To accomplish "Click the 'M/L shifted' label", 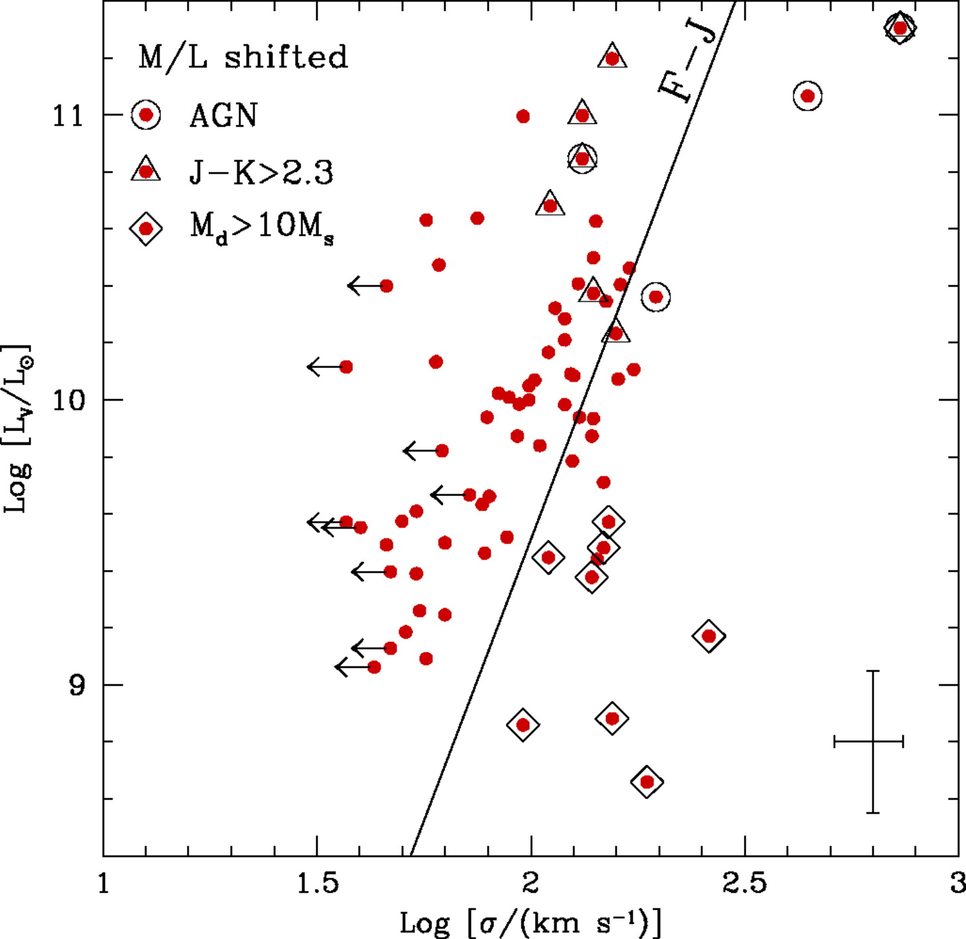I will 243,58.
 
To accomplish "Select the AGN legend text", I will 223,116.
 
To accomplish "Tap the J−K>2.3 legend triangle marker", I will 146,171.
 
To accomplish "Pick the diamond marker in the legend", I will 146,229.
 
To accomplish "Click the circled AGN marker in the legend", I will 146,115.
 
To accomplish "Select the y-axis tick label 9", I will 77,686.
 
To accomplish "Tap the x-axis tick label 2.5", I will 744,884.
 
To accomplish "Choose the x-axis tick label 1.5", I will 317,884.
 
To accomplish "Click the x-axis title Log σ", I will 530,922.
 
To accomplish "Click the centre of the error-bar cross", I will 873,741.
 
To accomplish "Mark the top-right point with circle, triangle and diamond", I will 900,28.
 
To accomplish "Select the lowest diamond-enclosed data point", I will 647,782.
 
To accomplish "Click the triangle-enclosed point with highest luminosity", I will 612,58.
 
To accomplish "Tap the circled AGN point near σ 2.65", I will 807,96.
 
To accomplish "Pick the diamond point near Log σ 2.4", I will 709,636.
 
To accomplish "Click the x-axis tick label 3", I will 956,884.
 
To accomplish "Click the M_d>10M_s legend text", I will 263,229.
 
